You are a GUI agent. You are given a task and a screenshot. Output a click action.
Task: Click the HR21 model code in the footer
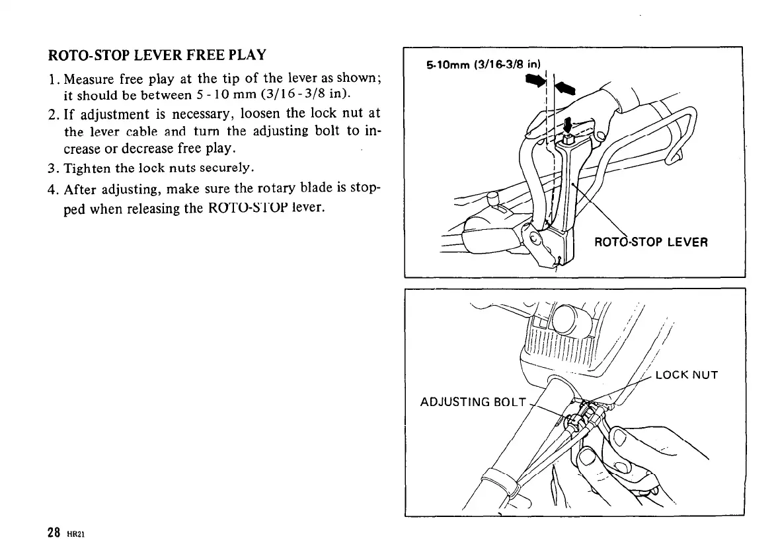(x=73, y=533)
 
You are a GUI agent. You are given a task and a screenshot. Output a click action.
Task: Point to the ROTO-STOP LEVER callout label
(x=651, y=242)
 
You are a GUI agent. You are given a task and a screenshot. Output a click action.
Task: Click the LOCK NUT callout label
(x=686, y=376)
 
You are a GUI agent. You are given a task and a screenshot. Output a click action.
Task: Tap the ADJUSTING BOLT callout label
(x=473, y=402)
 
